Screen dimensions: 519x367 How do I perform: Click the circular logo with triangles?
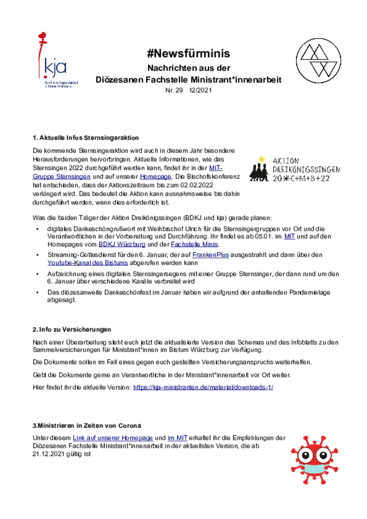pos(319,61)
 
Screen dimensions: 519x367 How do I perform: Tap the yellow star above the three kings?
pos(261,159)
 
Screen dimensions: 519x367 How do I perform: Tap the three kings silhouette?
pos(258,173)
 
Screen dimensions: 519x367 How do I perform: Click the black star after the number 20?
pos(286,179)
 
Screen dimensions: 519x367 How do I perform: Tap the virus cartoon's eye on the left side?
pos(307,454)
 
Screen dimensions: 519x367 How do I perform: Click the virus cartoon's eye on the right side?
pos(322,454)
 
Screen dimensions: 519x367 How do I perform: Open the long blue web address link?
pos(203,387)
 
